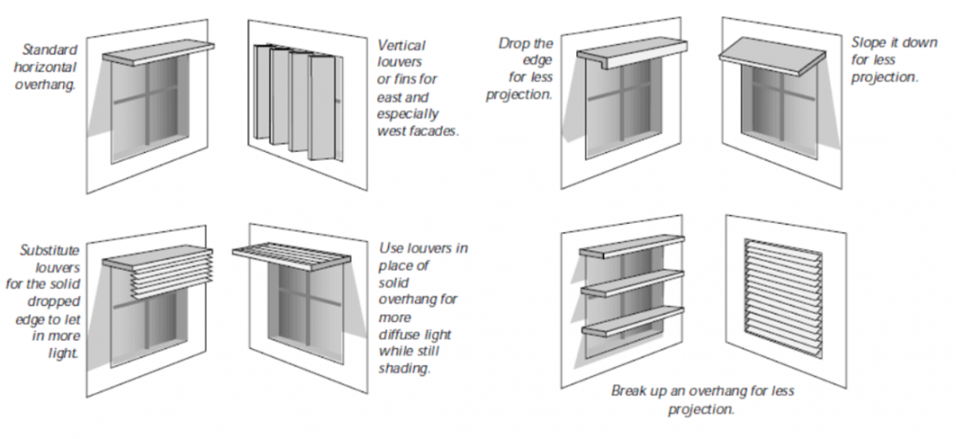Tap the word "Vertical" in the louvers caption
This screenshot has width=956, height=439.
[401, 45]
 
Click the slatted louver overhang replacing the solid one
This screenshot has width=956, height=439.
[295, 253]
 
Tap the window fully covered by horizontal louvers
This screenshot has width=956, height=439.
[782, 297]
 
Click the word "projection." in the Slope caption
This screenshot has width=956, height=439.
[884, 77]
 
